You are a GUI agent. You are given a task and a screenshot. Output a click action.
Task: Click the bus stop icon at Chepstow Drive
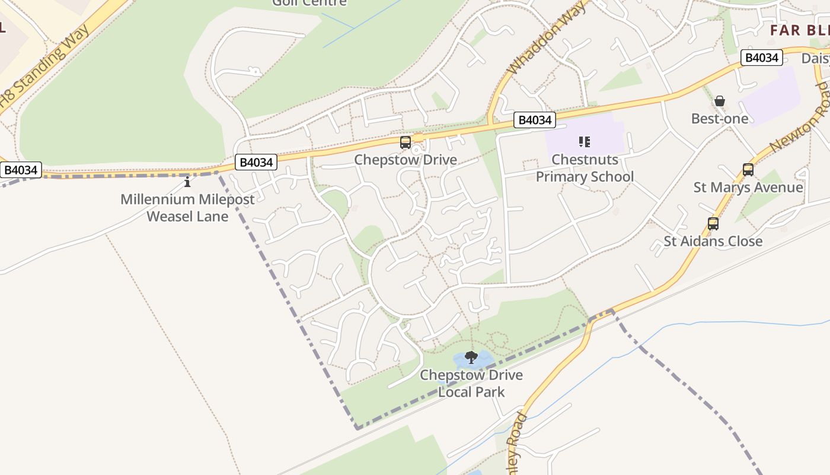(x=406, y=142)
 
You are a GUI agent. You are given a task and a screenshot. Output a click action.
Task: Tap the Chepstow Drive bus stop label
(x=406, y=160)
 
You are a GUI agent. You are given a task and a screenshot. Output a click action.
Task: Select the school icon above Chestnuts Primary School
(x=585, y=142)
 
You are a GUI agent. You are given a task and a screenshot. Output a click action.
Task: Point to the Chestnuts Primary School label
(x=585, y=168)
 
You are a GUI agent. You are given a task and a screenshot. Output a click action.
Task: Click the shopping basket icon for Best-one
(x=719, y=102)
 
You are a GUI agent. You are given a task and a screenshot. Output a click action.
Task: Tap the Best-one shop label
(x=719, y=119)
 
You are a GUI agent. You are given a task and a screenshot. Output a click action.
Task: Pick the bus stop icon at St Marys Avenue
(x=748, y=170)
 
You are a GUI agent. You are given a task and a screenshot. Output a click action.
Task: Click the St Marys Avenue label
(x=748, y=188)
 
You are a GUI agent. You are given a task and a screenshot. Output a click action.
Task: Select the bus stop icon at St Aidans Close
(x=713, y=224)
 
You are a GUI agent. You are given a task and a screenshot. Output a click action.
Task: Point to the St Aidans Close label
(x=713, y=241)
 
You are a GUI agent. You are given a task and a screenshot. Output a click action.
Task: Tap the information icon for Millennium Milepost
(x=187, y=182)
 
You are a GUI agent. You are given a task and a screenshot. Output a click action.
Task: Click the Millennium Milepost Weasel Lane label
(x=187, y=208)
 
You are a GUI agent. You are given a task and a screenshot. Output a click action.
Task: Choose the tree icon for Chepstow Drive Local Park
(x=471, y=357)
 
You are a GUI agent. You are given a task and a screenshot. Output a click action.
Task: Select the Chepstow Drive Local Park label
(x=471, y=384)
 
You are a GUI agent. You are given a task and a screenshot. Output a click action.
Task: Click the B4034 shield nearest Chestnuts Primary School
(x=535, y=120)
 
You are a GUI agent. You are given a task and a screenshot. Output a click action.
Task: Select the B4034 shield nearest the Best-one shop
(x=761, y=58)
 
